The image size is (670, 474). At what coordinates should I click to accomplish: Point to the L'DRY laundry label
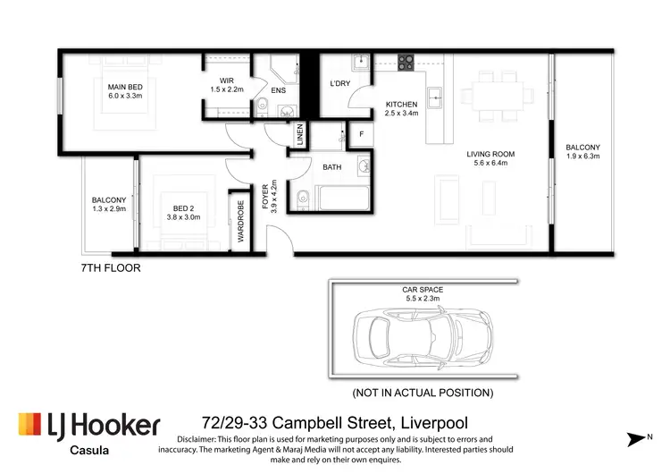[339, 83]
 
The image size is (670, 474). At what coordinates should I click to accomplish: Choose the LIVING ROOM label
[490, 154]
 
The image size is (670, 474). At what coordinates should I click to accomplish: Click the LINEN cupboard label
[300, 136]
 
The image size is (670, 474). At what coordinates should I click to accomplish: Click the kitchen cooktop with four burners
[406, 62]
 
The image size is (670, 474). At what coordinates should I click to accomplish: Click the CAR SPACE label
[423, 290]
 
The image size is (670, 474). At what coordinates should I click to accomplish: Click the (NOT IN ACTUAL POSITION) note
[423, 392]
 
